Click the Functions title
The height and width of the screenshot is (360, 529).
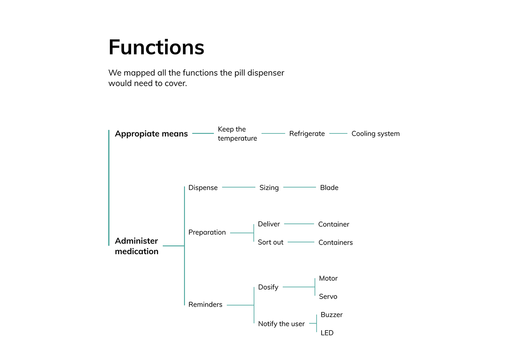pyautogui.click(x=156, y=47)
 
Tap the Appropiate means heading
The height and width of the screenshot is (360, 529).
pyautogui.click(x=151, y=134)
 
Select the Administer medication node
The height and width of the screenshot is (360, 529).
pyautogui.click(x=136, y=246)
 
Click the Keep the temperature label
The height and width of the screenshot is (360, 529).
pyautogui.click(x=237, y=134)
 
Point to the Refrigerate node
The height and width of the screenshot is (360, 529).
pyautogui.click(x=307, y=134)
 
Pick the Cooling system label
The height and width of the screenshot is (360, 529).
pyautogui.click(x=376, y=134)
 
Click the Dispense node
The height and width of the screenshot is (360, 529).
pyautogui.click(x=203, y=188)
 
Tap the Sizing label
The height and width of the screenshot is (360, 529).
pyautogui.click(x=269, y=188)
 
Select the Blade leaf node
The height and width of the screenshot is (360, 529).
pyautogui.click(x=329, y=188)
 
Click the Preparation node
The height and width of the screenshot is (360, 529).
pyautogui.click(x=207, y=232)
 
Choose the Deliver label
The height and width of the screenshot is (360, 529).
pyautogui.click(x=269, y=224)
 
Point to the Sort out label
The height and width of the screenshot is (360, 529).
pyautogui.click(x=271, y=242)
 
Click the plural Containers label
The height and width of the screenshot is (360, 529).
pyautogui.click(x=336, y=242)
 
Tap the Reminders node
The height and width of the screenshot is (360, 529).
pyautogui.click(x=205, y=304)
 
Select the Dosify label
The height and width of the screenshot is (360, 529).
pyautogui.click(x=268, y=287)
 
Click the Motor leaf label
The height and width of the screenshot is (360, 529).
pyautogui.click(x=328, y=278)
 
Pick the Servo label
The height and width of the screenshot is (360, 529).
pyautogui.click(x=328, y=296)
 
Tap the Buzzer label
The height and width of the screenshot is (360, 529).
pyautogui.click(x=332, y=315)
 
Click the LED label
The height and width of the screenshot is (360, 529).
pyautogui.click(x=327, y=333)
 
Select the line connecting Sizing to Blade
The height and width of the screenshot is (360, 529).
pyautogui.click(x=299, y=187)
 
